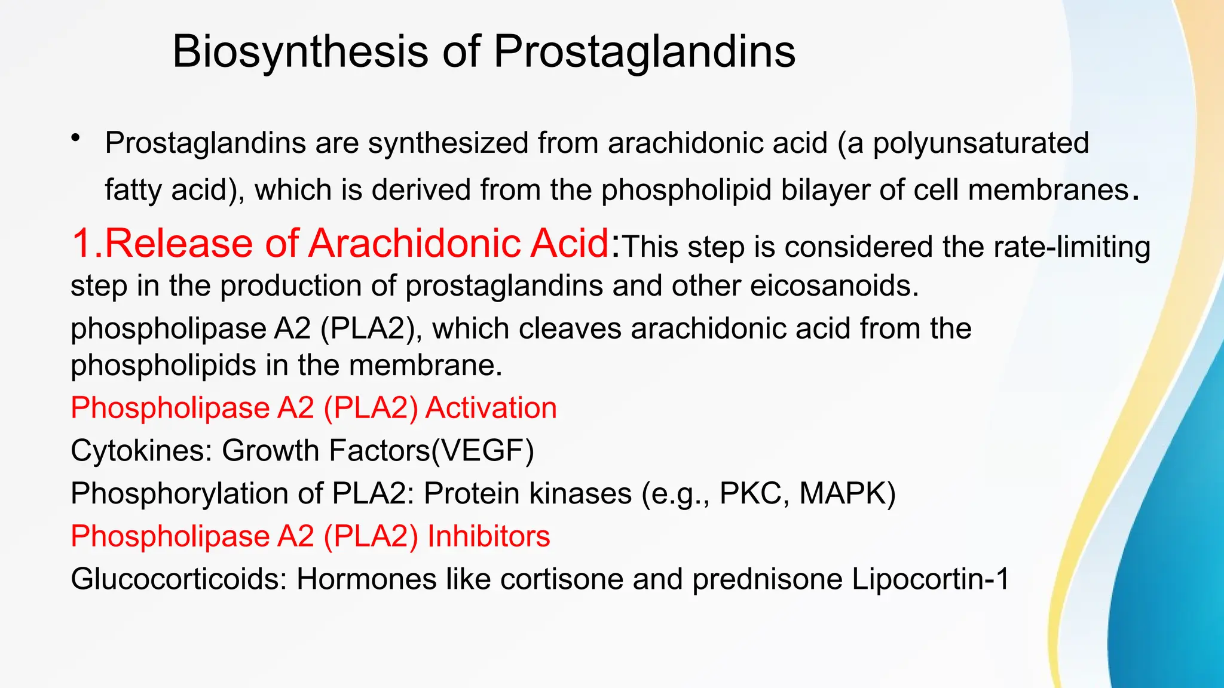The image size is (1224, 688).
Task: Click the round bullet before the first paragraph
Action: (75, 139)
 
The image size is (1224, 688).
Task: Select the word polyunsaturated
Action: (981, 144)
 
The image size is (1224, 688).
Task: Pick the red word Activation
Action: (491, 408)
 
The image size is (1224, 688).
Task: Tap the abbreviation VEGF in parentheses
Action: (482, 450)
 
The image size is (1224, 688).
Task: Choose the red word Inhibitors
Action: (488, 536)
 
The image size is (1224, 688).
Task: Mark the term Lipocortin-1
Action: (930, 579)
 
